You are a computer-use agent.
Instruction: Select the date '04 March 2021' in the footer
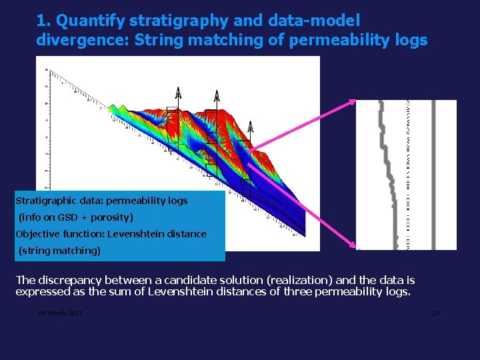pos(61,313)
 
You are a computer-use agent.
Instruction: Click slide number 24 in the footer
pos(435,313)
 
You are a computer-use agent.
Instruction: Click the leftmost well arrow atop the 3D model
pos(177,93)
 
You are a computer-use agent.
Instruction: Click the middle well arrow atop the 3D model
pos(216,97)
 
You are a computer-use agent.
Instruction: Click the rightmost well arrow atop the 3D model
pos(250,127)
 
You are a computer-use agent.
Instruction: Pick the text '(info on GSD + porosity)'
pos(75,217)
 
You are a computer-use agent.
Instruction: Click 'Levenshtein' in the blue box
pos(140,234)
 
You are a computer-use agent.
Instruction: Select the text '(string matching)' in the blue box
pos(59,251)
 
